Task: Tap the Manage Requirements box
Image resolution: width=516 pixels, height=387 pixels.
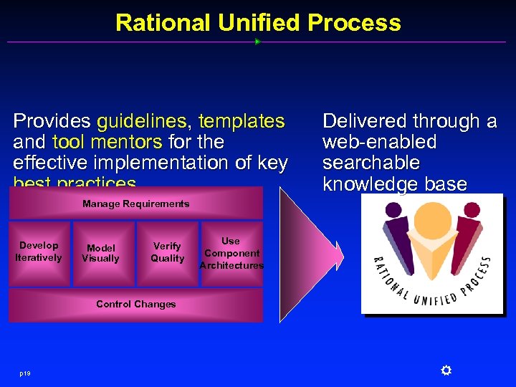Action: pos(135,204)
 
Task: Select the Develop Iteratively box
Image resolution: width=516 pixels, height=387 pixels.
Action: pos(39,252)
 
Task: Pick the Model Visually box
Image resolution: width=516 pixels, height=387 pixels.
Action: pos(100,253)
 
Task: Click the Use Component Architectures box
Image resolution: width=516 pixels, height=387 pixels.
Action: pos(231,253)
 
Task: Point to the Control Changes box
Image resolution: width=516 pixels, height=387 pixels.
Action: pos(135,305)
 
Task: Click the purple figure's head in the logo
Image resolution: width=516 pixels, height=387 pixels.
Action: pos(393,212)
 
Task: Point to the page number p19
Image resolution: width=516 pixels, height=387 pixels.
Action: pos(26,372)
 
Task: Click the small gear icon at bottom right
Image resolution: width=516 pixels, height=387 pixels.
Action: pos(445,370)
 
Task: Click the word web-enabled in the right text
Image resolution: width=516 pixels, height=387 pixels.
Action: pos(379,142)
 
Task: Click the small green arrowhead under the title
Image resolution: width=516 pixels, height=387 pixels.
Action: pos(257,42)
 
